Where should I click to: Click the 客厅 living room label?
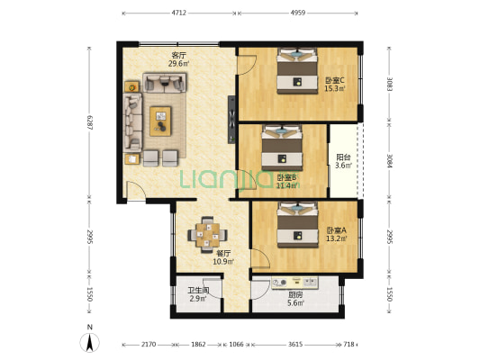[177, 55]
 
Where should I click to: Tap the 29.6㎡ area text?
[177, 64]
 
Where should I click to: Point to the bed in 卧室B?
[282, 148]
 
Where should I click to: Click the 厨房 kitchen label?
[295, 293]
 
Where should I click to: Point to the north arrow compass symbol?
[91, 342]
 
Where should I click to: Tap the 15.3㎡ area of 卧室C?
[335, 88]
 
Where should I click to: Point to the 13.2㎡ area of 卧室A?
[335, 239]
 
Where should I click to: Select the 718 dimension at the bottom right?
[349, 345]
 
